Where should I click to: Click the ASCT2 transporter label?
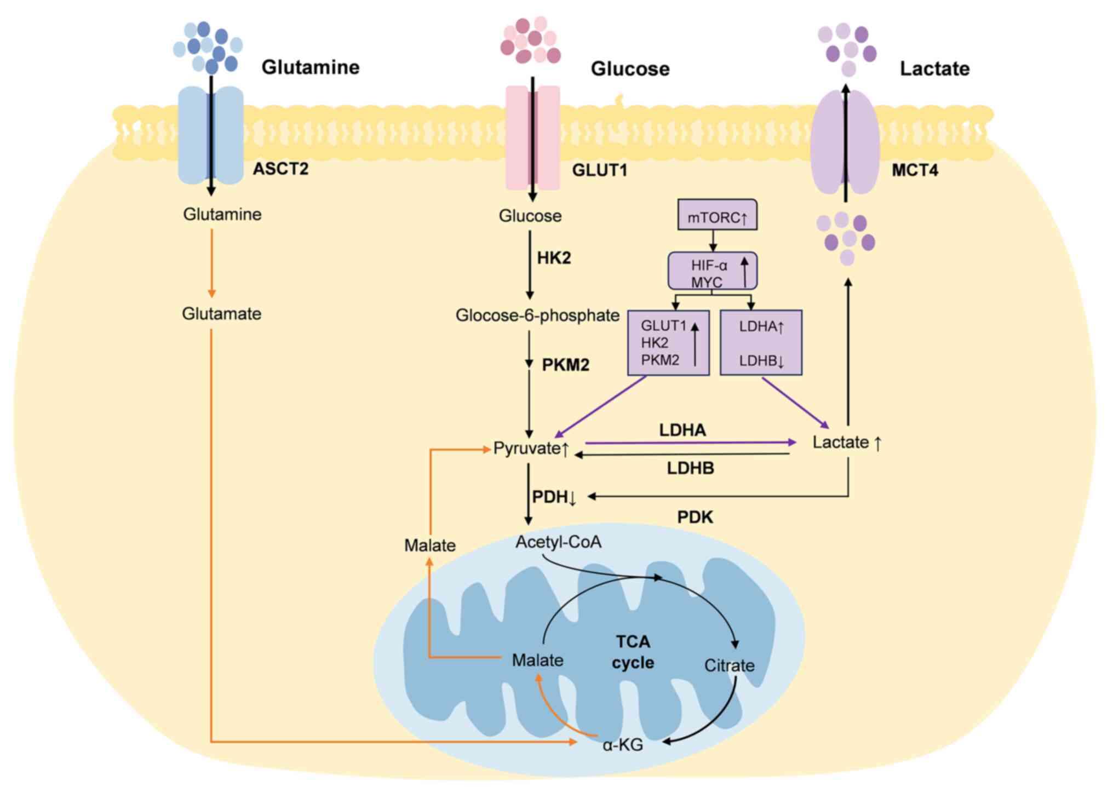[280, 169]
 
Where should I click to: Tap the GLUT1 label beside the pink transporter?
[600, 170]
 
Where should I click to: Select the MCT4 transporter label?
[915, 170]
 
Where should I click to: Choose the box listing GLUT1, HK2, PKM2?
[668, 343]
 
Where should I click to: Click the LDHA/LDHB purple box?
[761, 343]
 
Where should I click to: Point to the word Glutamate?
[221, 314]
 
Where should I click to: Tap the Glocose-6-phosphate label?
[537, 315]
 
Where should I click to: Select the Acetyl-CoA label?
[558, 542]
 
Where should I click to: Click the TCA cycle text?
[633, 652]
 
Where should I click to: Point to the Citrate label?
[729, 665]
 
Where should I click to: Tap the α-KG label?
[623, 745]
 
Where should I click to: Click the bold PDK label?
[695, 517]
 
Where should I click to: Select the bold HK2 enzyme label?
[554, 258]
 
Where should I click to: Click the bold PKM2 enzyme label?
[565, 365]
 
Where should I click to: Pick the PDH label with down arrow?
[554, 497]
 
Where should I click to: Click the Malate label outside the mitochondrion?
[430, 545]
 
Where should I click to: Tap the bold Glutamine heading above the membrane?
[311, 67]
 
